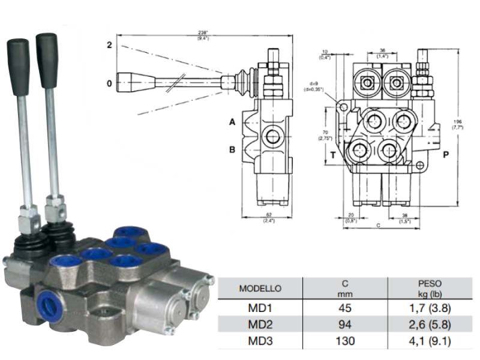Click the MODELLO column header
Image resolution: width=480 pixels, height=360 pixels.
pos(260,288)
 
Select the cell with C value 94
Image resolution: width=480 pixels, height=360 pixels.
pos(345,325)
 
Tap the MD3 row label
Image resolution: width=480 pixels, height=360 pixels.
pos(260,341)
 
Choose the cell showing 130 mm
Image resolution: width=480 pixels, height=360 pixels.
pos(345,341)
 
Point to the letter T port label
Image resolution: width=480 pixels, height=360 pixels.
pos(333,154)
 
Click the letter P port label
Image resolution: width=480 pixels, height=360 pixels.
pos(446,154)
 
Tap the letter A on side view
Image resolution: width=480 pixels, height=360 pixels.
pos(232,122)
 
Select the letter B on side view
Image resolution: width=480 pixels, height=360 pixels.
pos(232,150)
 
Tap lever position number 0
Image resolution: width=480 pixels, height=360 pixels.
pos(109,83)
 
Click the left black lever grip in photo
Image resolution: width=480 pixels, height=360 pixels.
pos(18,66)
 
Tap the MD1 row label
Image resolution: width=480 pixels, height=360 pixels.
pos(260,310)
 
